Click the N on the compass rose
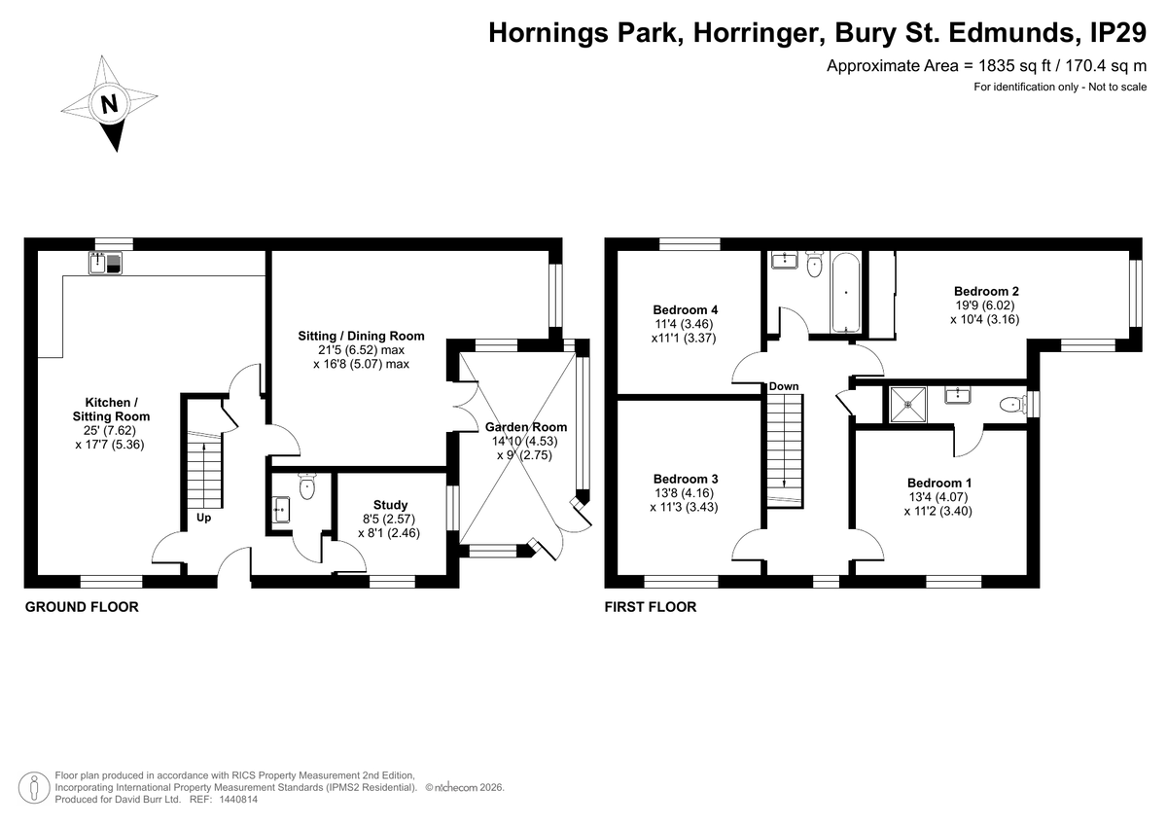tap(109, 104)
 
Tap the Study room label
tap(390, 505)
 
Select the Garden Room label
tap(526, 427)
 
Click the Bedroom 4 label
tap(685, 309)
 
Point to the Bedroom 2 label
tap(986, 291)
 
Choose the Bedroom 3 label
tap(686, 479)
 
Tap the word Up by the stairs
tap(203, 518)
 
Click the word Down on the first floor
tap(784, 386)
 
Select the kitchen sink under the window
tap(105, 263)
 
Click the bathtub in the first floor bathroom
tap(845, 292)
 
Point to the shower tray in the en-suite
tap(908, 404)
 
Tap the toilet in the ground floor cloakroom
tap(307, 485)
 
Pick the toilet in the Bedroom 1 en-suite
tap(1012, 405)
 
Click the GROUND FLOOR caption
tap(82, 607)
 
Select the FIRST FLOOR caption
tap(651, 607)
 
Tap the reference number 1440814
tap(238, 800)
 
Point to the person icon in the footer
tap(34, 787)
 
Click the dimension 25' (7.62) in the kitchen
tap(110, 430)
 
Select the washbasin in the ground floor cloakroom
tap(281, 509)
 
